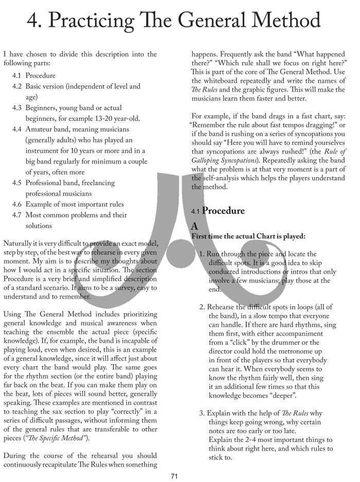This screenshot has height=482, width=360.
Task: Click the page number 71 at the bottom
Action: (174, 476)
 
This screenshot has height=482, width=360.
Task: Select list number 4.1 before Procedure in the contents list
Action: (17, 76)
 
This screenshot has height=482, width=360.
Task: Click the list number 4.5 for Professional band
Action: (17, 183)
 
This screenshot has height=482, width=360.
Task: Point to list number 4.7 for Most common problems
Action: (17, 215)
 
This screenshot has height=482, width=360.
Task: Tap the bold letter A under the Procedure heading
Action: (194, 226)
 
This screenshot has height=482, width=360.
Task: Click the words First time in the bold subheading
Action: (206, 236)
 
